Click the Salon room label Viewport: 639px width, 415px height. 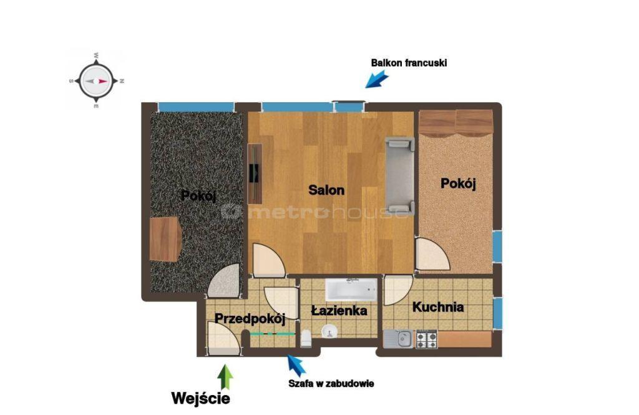326,190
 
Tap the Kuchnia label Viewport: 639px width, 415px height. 438,306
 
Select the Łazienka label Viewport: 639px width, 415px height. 339,311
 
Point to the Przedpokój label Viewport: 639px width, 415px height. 250,318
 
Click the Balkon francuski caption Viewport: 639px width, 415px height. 409,63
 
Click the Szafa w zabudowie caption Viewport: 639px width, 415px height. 331,384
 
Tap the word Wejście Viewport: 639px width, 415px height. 200,398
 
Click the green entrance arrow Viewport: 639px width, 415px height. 225,377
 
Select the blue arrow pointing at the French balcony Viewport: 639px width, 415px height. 376,79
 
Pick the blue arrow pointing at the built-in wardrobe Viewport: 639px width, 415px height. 296,366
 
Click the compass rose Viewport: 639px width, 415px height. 96,81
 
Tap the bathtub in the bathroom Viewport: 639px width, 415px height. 351,290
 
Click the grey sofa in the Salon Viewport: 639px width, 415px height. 400,176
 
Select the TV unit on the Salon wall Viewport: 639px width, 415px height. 255,173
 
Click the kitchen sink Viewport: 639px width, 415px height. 398,339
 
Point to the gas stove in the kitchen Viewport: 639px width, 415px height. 426,339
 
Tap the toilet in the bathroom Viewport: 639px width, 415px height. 306,339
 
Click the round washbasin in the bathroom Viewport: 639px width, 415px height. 329,331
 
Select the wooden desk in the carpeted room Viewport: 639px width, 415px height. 165,239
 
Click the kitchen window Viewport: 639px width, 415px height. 497,313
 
